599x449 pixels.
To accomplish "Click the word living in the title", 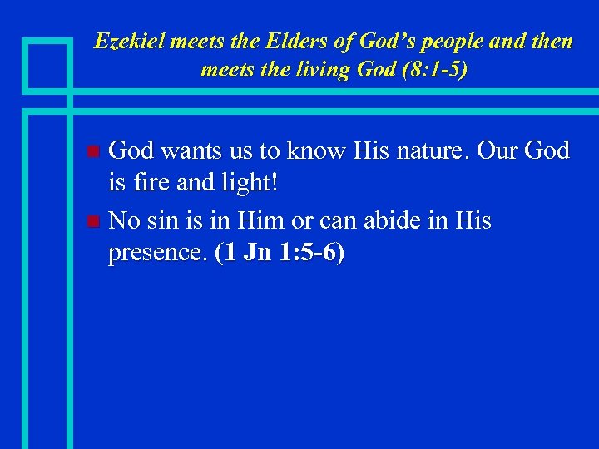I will click(315, 70).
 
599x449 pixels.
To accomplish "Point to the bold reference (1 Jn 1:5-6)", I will click(279, 254).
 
